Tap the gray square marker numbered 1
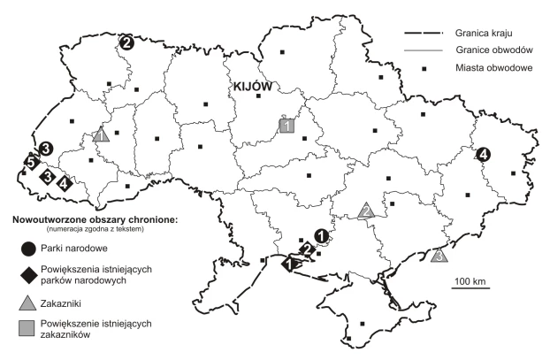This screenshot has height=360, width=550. pos(286,126)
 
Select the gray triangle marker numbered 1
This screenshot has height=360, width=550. pos(102,135)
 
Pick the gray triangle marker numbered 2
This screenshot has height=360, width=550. pos(366,210)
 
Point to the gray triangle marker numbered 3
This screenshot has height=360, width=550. pos(439,256)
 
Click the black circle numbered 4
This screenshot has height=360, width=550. pos(483,156)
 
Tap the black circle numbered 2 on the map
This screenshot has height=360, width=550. pos(126,42)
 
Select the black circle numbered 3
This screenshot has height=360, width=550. pos(46,149)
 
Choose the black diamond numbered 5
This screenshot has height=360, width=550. pos(31,163)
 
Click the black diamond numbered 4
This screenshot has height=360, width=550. pos(64,184)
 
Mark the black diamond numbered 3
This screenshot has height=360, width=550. pos(46,176)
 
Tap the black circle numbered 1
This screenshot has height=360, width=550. pos(321,236)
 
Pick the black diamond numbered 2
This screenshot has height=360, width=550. pos(306,249)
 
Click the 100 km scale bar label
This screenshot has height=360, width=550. pos(470,281)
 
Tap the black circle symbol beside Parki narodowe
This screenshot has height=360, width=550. pos(29,248)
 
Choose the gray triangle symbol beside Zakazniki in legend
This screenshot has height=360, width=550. pos(29,302)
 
